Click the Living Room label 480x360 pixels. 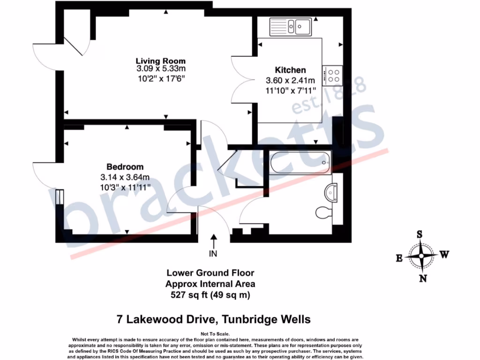160,61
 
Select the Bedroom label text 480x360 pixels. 125,167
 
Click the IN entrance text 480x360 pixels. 214,254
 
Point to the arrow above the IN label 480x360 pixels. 214,242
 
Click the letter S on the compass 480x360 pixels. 420,235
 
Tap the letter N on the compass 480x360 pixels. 423,278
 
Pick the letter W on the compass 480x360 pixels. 444,255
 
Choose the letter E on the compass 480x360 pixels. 400,257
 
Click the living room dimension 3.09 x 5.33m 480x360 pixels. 160,69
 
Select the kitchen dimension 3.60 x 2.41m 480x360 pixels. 291,80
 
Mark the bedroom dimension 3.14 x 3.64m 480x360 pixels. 125,177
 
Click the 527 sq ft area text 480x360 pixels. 210,295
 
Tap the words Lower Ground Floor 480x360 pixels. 210,273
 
